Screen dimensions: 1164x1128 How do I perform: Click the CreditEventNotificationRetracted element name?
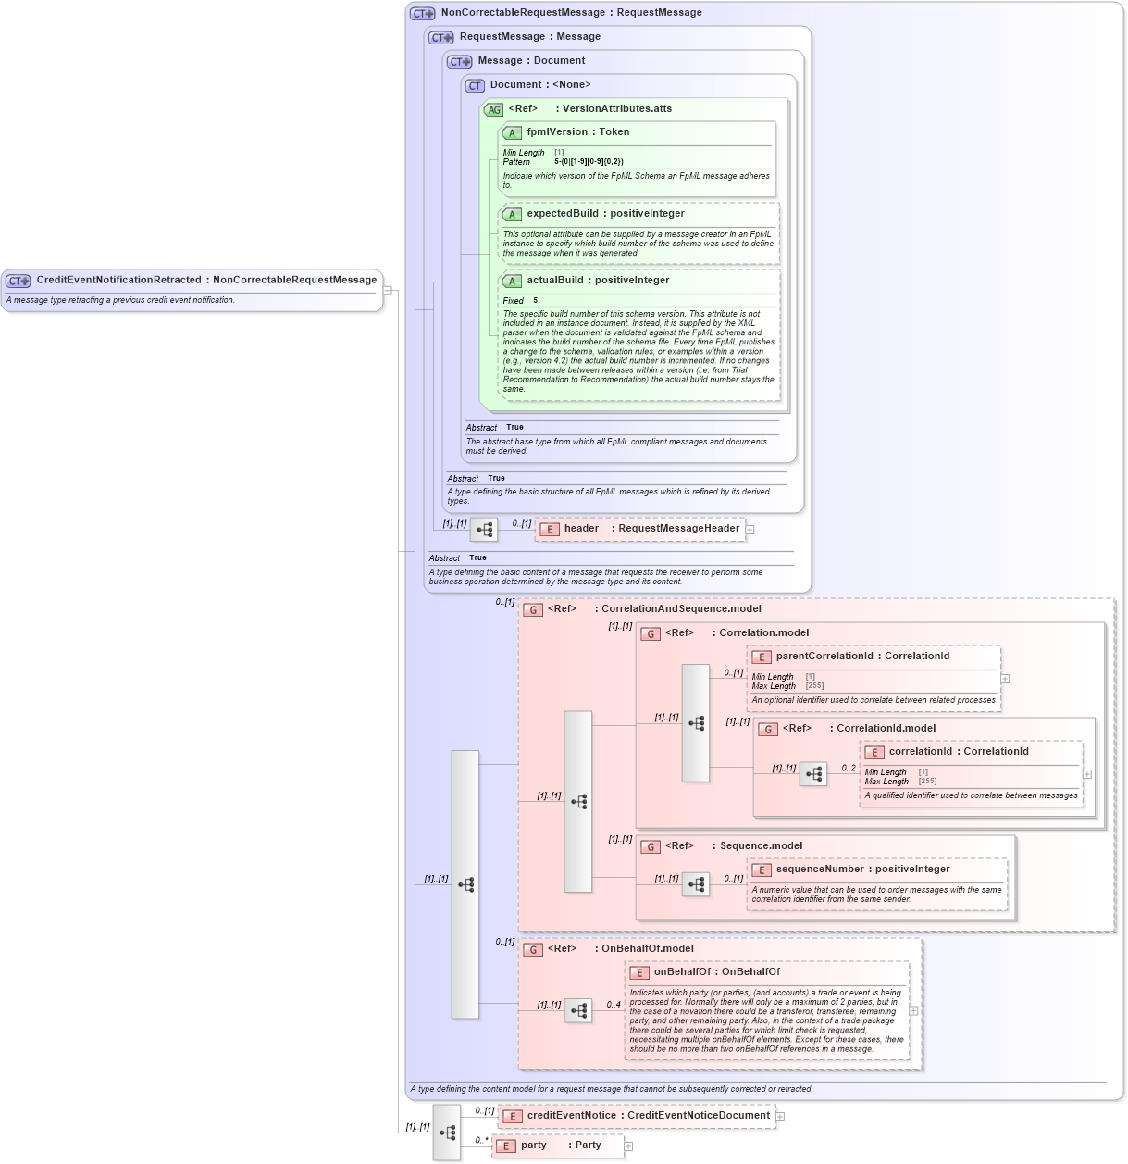click(x=118, y=280)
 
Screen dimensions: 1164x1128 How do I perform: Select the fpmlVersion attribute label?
click(x=557, y=132)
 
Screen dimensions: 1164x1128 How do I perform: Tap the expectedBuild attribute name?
click(x=563, y=214)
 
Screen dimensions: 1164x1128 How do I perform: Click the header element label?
click(x=581, y=529)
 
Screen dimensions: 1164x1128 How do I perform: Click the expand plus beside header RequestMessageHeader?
click(x=750, y=530)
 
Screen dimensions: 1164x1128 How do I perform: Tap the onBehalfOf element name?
click(x=682, y=972)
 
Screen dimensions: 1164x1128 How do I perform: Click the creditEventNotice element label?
click(x=571, y=1116)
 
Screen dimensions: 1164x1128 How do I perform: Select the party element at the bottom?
click(x=534, y=1145)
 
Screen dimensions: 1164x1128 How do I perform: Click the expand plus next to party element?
click(x=628, y=1146)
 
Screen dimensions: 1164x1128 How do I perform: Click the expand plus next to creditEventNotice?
click(x=780, y=1117)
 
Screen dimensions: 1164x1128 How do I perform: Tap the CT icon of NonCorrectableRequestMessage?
click(x=422, y=14)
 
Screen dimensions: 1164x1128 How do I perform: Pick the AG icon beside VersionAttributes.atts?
click(x=494, y=109)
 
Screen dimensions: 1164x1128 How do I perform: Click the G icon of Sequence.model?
click(x=651, y=846)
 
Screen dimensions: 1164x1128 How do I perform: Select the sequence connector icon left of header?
click(x=484, y=530)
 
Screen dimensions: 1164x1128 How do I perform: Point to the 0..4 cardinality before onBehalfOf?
click(x=614, y=1005)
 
